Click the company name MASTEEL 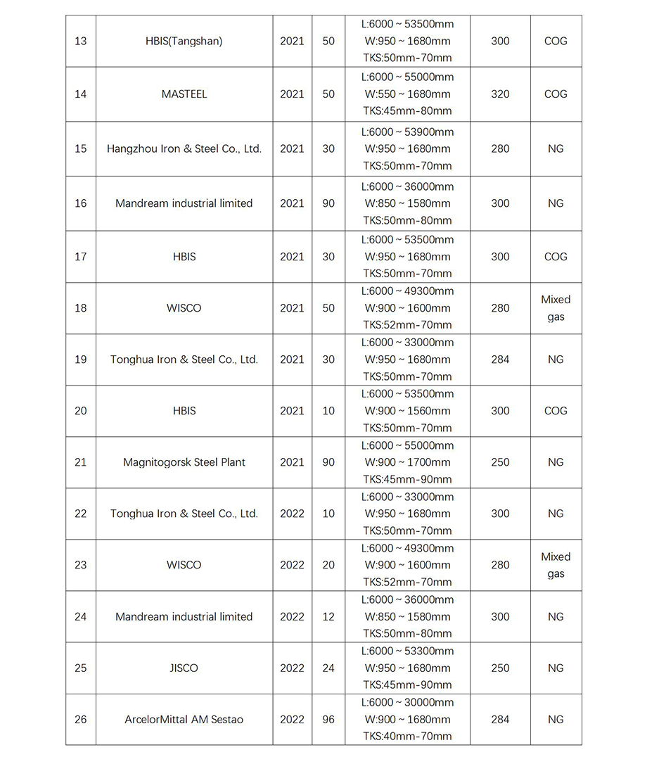click(184, 94)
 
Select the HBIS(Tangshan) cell click(184, 41)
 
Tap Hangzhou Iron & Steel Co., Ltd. click(184, 149)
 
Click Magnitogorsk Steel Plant click(184, 462)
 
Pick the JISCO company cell click(184, 668)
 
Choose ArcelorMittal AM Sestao click(184, 720)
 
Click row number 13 click(81, 41)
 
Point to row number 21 click(81, 462)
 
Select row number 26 click(81, 720)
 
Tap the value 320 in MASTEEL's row click(500, 94)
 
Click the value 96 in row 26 click(328, 720)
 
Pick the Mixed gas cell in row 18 click(556, 308)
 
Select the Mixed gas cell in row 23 click(556, 566)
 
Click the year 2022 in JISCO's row click(292, 668)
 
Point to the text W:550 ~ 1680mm click(408, 94)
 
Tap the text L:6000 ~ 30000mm click(408, 703)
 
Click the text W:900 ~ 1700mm click(408, 462)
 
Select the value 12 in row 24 click(328, 617)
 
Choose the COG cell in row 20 click(556, 411)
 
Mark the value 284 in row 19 click(500, 360)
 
